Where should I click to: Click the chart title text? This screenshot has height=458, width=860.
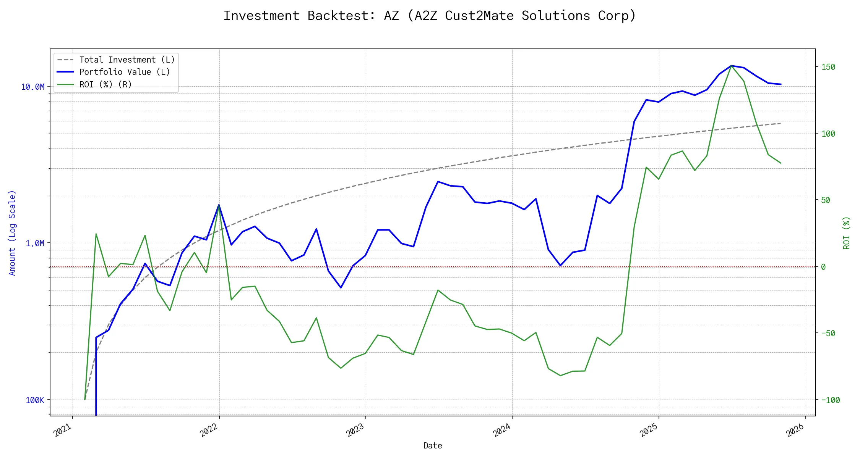[430, 16]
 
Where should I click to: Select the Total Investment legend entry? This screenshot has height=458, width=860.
[127, 60]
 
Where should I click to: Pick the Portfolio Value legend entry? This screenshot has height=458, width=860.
[125, 72]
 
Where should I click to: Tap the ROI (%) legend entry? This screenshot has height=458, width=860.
[105, 84]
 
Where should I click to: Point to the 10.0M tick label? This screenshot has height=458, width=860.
[33, 87]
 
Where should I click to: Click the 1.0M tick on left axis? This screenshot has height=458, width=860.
[35, 244]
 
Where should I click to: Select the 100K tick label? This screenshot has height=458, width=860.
[35, 400]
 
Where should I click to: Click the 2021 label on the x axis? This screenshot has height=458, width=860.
[63, 430]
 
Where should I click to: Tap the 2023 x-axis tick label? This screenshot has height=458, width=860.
[355, 430]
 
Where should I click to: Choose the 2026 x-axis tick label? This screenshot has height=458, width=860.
[795, 430]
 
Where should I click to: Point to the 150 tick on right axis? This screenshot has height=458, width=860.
[828, 67]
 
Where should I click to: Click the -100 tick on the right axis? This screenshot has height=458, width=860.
[831, 400]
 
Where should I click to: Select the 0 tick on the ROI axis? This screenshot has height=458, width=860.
[823, 267]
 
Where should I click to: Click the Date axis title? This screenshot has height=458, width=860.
[433, 445]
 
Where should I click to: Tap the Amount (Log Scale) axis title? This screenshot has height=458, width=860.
[13, 233]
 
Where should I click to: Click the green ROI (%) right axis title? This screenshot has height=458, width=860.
[847, 233]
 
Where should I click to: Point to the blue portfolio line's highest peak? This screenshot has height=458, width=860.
[731, 66]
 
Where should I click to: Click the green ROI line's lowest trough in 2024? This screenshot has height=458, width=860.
[560, 376]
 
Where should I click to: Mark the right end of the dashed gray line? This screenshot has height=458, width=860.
[780, 123]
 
